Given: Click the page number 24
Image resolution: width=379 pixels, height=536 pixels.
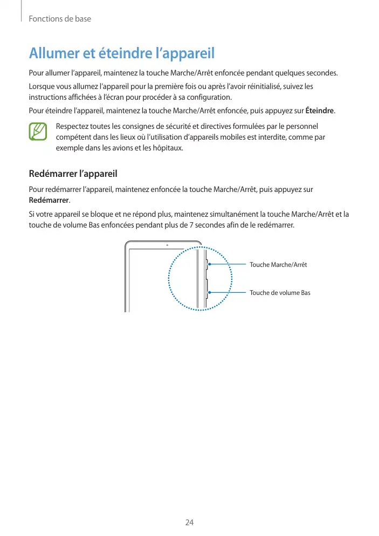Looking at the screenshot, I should pyautogui.click(x=189, y=523).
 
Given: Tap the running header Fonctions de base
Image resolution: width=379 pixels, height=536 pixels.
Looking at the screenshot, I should pyautogui.click(x=60, y=19).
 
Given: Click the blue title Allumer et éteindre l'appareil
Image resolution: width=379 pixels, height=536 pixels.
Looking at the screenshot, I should pyautogui.click(x=122, y=54).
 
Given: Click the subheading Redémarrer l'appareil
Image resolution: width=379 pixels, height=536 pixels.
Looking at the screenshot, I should pyautogui.click(x=73, y=174).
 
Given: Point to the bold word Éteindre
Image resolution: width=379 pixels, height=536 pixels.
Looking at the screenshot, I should pyautogui.click(x=320, y=112).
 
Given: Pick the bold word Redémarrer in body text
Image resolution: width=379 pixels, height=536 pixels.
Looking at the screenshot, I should pyautogui.click(x=49, y=201).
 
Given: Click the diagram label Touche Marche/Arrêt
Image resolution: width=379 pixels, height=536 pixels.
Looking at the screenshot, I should pyautogui.click(x=278, y=265).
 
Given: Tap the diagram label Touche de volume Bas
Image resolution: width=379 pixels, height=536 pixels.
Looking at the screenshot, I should pyautogui.click(x=280, y=293).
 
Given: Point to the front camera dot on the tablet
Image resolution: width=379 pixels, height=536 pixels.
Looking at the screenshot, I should pyautogui.click(x=167, y=245).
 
